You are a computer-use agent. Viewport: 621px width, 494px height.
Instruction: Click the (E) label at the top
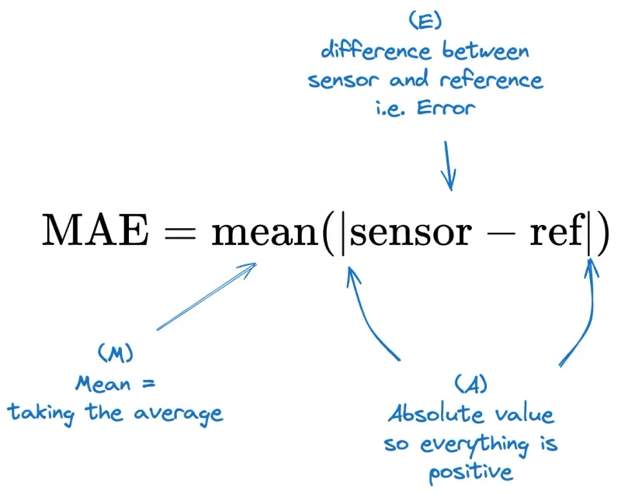425,21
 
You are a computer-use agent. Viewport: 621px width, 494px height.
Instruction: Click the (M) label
116,354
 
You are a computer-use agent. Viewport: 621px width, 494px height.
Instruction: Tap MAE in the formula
95,231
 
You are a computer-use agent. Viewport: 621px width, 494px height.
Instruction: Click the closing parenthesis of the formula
602,232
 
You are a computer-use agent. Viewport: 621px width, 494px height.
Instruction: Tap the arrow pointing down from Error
449,164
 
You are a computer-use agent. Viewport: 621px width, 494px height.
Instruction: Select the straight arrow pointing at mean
206,297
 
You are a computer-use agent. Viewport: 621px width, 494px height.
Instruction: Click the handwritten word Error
444,109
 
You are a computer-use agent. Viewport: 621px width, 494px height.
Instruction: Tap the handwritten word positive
470,472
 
